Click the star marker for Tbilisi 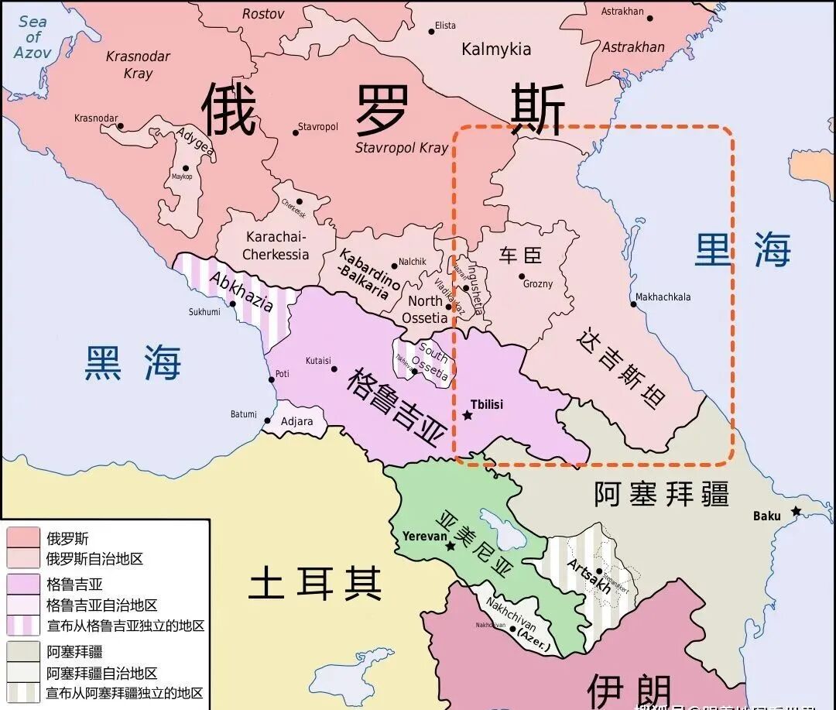click(467, 416)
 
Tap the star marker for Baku click(795, 511)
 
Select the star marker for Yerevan click(450, 546)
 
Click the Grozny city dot click(522, 276)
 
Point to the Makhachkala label click(663, 297)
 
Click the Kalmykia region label click(496, 50)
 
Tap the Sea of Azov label click(33, 37)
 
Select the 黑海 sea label click(132, 362)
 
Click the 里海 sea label click(742, 250)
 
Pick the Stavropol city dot click(295, 132)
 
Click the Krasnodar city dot click(120, 125)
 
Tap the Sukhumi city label click(204, 312)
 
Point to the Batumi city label click(242, 414)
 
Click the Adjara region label click(297, 422)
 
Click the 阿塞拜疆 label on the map click(661, 493)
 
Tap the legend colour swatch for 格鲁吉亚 click(23, 583)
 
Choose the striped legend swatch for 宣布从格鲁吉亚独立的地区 click(23, 624)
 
